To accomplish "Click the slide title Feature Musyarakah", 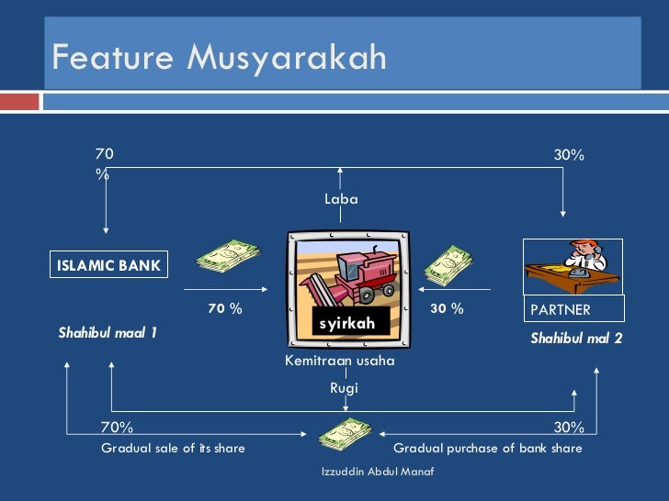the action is coord(219,58).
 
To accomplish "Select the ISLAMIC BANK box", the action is coord(108,266).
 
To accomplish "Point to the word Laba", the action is coord(341,198).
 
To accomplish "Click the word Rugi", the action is coord(344,388).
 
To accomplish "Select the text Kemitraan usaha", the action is coord(340,361).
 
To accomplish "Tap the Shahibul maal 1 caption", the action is coord(108,332).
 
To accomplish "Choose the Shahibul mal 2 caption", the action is coord(576,339).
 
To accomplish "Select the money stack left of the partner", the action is coord(448,264).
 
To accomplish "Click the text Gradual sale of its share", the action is coord(173,449).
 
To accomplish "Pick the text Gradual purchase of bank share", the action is coord(487,449).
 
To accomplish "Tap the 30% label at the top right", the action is coord(569,156).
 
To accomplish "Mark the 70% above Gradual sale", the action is coord(117,427).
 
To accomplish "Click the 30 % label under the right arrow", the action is coord(447,309).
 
